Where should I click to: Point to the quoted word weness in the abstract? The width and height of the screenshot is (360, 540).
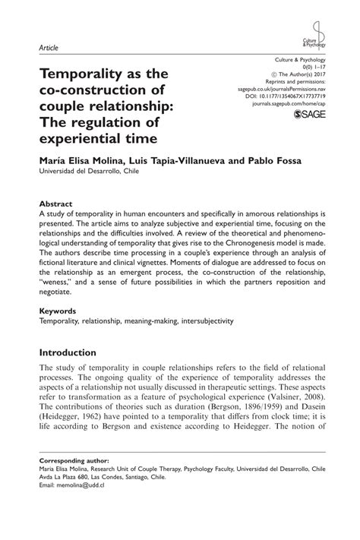click(59, 279)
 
